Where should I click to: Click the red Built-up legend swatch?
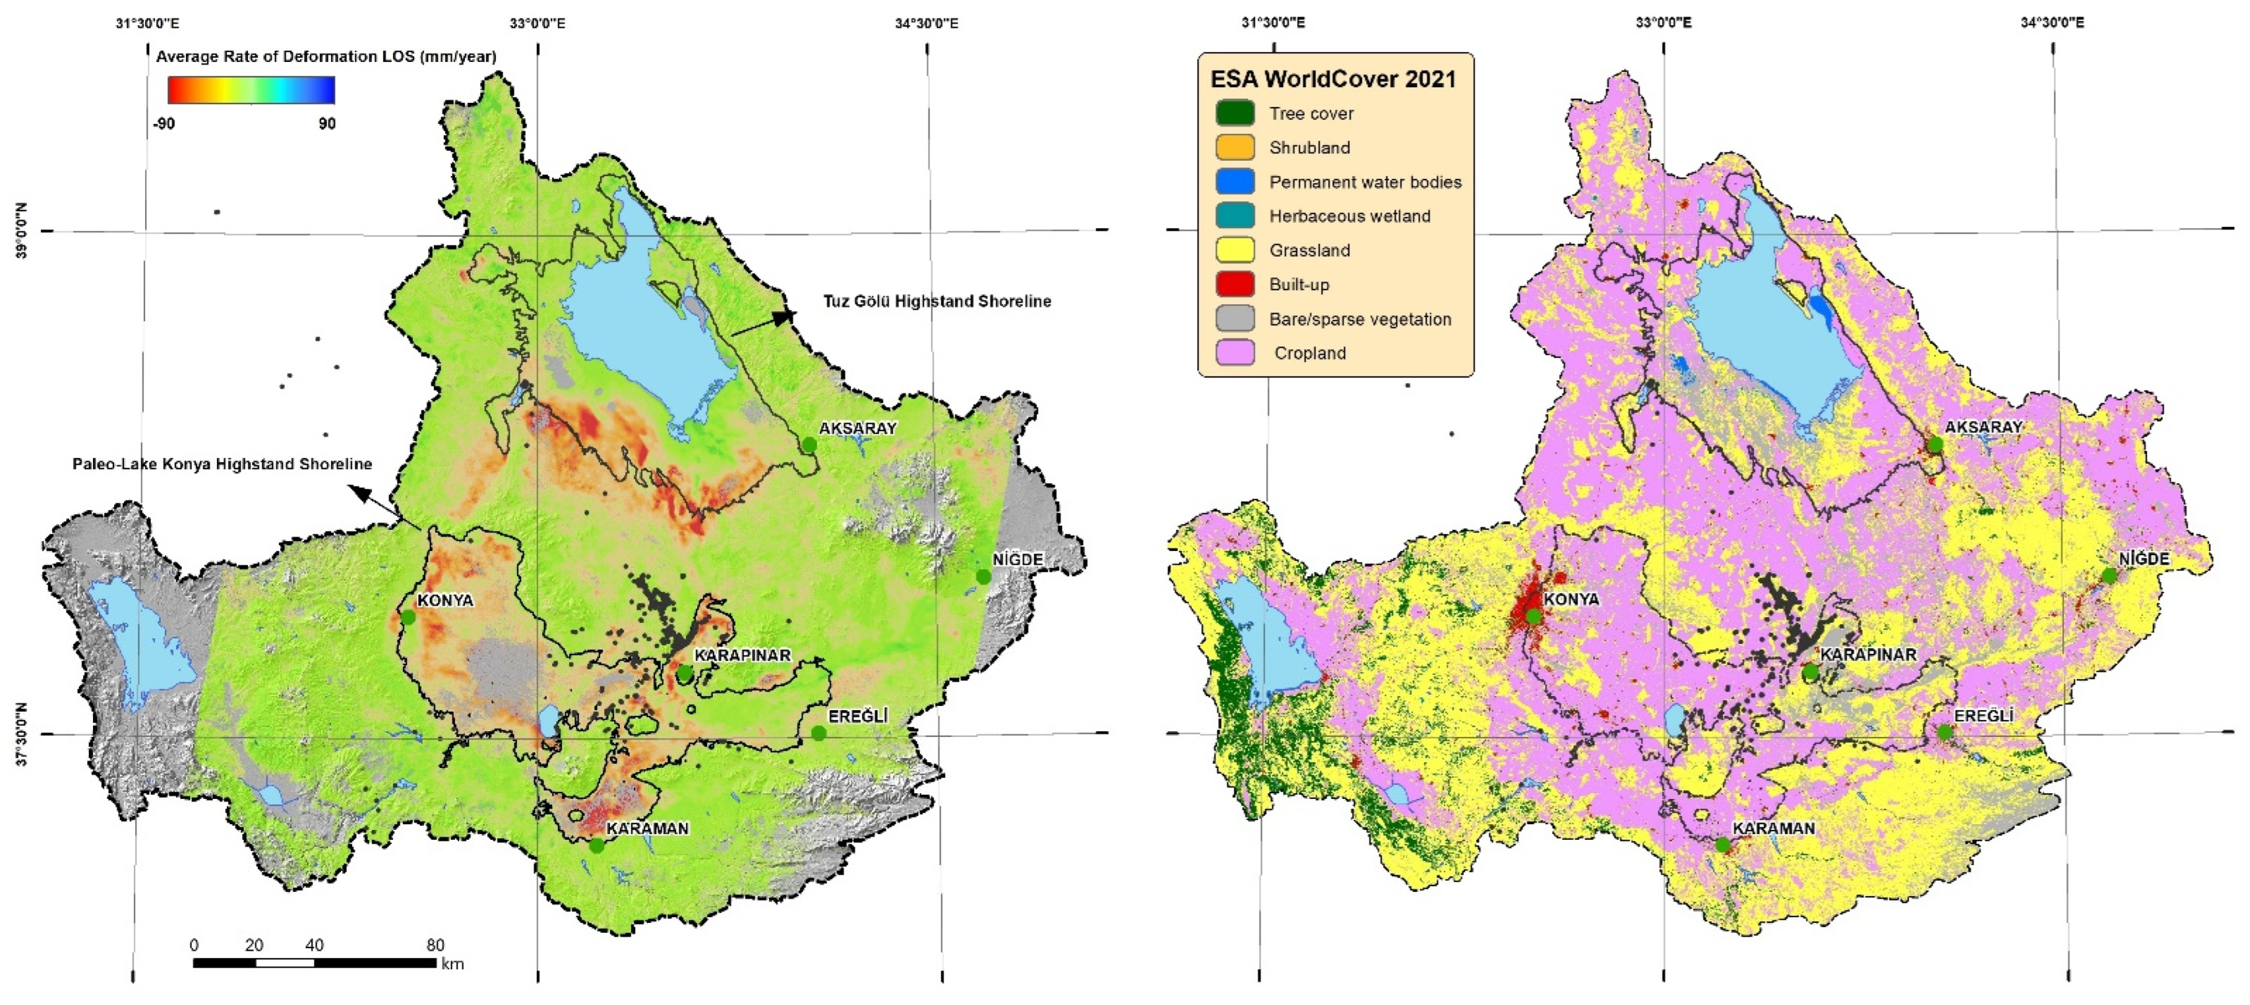point(1234,284)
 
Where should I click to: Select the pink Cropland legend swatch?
point(1234,352)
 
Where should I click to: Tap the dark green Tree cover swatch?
point(1234,112)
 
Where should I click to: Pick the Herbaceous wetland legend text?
point(1350,216)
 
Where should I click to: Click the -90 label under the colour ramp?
point(164,123)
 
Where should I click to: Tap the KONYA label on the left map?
point(445,600)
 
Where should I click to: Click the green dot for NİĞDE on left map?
point(984,577)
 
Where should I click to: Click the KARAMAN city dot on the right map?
point(1721,845)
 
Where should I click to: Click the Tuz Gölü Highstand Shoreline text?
point(936,301)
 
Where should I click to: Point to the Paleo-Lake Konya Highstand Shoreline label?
point(222,464)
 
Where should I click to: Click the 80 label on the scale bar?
point(435,945)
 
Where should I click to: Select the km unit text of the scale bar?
point(452,964)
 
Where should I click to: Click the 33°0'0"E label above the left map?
point(537,23)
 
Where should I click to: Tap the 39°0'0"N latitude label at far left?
point(22,231)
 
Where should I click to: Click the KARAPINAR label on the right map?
point(1868,654)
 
